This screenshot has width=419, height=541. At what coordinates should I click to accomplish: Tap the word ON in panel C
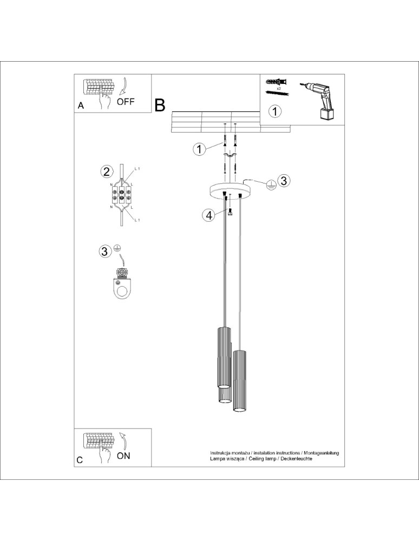[x=123, y=456]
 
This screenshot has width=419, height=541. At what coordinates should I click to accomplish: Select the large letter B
[x=160, y=105]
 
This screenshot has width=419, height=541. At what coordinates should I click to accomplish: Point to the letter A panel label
[x=81, y=106]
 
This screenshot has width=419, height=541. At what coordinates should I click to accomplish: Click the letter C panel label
[x=80, y=460]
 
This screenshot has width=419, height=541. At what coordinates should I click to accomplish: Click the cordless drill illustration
[x=321, y=99]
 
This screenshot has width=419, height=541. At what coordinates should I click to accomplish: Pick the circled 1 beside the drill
[x=276, y=111]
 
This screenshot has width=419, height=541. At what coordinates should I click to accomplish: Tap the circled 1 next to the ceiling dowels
[x=200, y=149]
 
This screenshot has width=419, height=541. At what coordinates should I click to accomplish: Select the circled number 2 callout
[x=107, y=172]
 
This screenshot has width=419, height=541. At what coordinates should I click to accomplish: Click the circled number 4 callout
[x=208, y=215]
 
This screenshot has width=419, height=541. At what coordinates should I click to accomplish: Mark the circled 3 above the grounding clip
[x=104, y=251]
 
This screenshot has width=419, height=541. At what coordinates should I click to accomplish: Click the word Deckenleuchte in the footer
[x=296, y=458]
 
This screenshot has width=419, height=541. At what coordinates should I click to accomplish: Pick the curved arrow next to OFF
[x=123, y=87]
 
